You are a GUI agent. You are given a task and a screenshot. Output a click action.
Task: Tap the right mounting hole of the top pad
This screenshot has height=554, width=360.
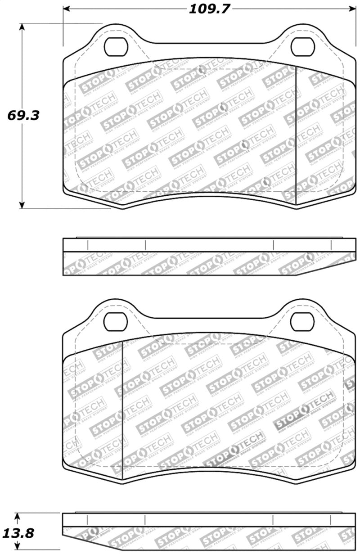301,47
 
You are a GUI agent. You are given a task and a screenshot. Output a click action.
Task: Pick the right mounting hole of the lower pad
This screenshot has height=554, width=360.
301,321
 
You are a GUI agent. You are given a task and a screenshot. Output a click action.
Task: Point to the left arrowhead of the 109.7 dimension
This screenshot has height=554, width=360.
67,9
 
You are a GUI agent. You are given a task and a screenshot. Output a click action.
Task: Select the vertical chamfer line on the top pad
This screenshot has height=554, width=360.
296,135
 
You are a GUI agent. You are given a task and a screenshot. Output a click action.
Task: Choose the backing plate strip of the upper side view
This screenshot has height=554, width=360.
207,245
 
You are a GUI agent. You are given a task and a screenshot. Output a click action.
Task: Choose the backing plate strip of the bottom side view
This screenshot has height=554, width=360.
207,520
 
